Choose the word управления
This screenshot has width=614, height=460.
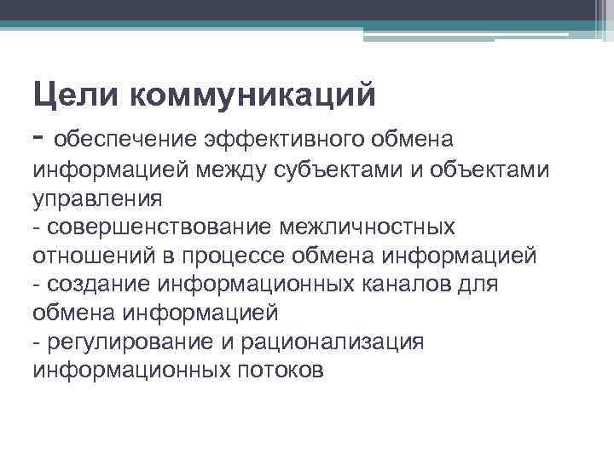pos(96,198)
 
